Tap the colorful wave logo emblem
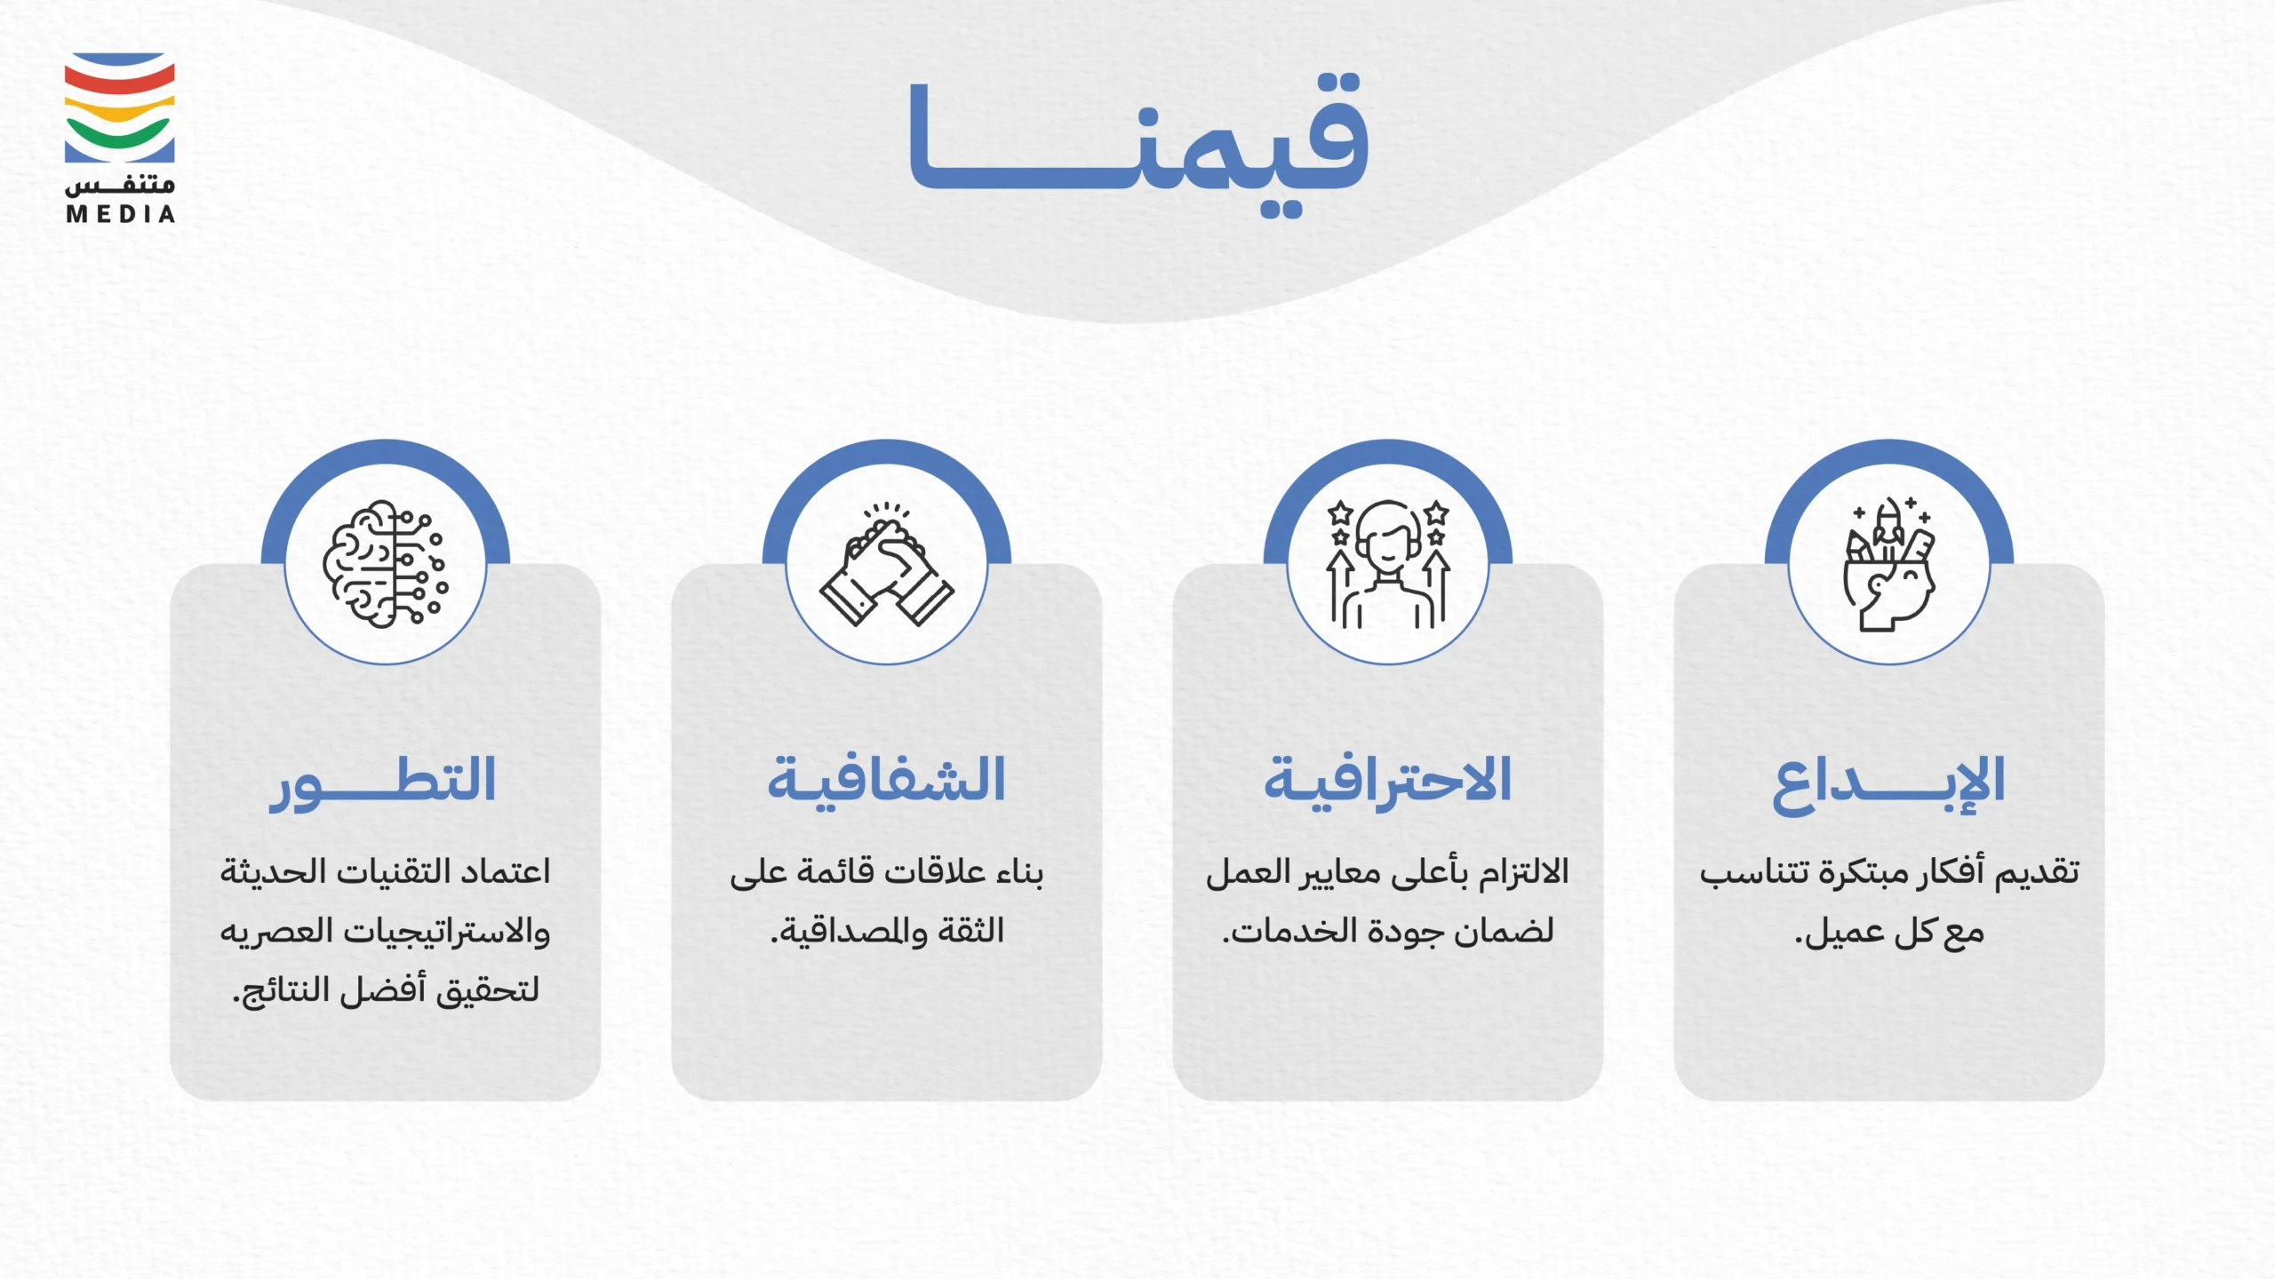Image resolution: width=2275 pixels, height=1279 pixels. pos(119,107)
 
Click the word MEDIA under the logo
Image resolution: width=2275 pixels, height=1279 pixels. pos(120,214)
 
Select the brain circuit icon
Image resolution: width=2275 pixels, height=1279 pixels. pos(385,564)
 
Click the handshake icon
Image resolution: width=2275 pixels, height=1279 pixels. pos(886,565)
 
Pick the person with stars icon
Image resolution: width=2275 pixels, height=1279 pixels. pos(1387,564)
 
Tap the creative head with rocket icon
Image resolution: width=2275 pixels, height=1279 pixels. pos(1888,564)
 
